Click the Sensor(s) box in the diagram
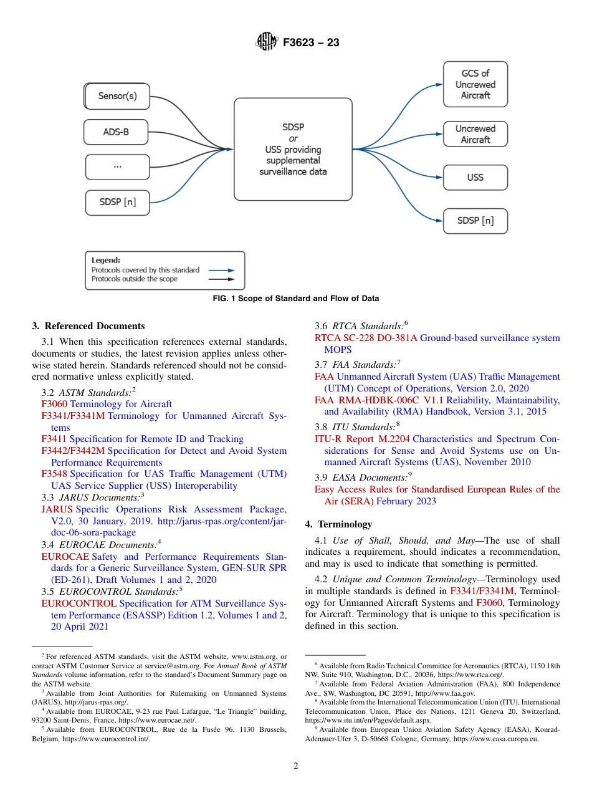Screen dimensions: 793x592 pyautogui.click(x=117, y=97)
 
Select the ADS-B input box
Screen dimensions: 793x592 pyautogui.click(x=116, y=132)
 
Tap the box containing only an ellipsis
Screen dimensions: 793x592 pyautogui.click(x=117, y=167)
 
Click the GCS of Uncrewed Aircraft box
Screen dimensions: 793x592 pyautogui.click(x=475, y=84)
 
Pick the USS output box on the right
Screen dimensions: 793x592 pyautogui.click(x=475, y=178)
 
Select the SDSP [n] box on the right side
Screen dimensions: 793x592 pyautogui.click(x=475, y=221)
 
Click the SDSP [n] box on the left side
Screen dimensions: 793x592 pyautogui.click(x=117, y=202)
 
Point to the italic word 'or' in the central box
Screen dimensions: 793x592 pyautogui.click(x=293, y=138)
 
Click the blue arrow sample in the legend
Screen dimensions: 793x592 pyautogui.click(x=221, y=271)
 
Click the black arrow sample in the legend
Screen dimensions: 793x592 pyautogui.click(x=221, y=279)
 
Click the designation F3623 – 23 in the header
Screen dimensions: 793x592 pyautogui.click(x=311, y=43)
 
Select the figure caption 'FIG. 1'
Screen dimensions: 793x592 pyautogui.click(x=295, y=299)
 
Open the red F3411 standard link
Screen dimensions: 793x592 pyautogui.click(x=54, y=439)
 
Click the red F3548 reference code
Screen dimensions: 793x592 pyautogui.click(x=54, y=474)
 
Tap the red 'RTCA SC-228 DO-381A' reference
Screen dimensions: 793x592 pyautogui.click(x=366, y=338)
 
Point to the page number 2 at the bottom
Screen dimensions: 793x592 pyautogui.click(x=296, y=766)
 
